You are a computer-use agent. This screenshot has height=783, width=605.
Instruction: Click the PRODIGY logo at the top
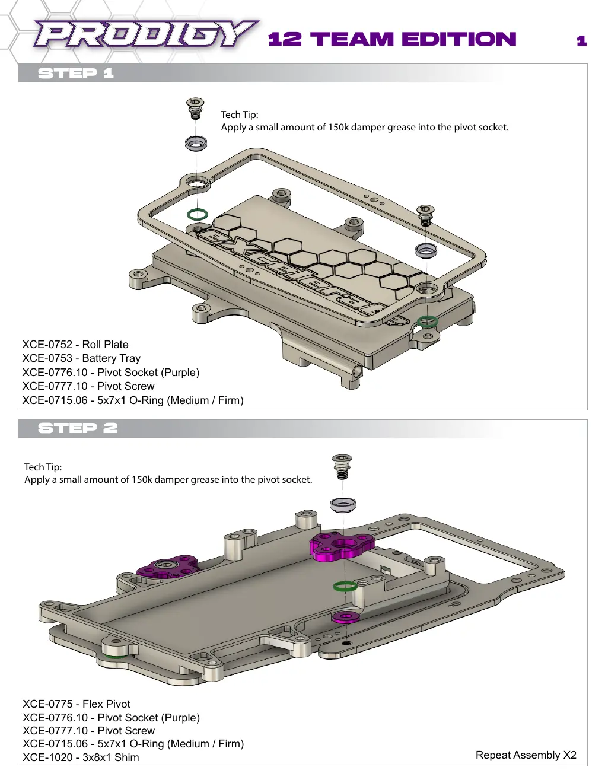146,33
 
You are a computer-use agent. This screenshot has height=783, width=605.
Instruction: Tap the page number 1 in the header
581,40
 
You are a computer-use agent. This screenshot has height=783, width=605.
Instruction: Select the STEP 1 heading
76,74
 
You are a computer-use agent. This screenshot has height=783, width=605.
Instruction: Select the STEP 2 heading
78,428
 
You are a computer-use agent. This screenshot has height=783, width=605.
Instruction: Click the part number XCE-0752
47,345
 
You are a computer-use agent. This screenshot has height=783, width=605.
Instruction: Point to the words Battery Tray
112,358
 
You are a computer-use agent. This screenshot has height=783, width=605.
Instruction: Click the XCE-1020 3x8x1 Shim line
81,757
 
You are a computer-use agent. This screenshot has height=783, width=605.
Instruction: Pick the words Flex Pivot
106,704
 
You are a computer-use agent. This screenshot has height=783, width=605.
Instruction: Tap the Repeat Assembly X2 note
526,755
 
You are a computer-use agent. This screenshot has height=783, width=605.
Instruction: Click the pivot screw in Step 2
342,466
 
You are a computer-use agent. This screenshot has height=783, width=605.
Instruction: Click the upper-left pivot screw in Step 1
195,108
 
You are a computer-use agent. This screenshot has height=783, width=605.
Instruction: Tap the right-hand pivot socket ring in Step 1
426,250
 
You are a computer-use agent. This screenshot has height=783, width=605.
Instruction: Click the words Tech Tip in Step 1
240,115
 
